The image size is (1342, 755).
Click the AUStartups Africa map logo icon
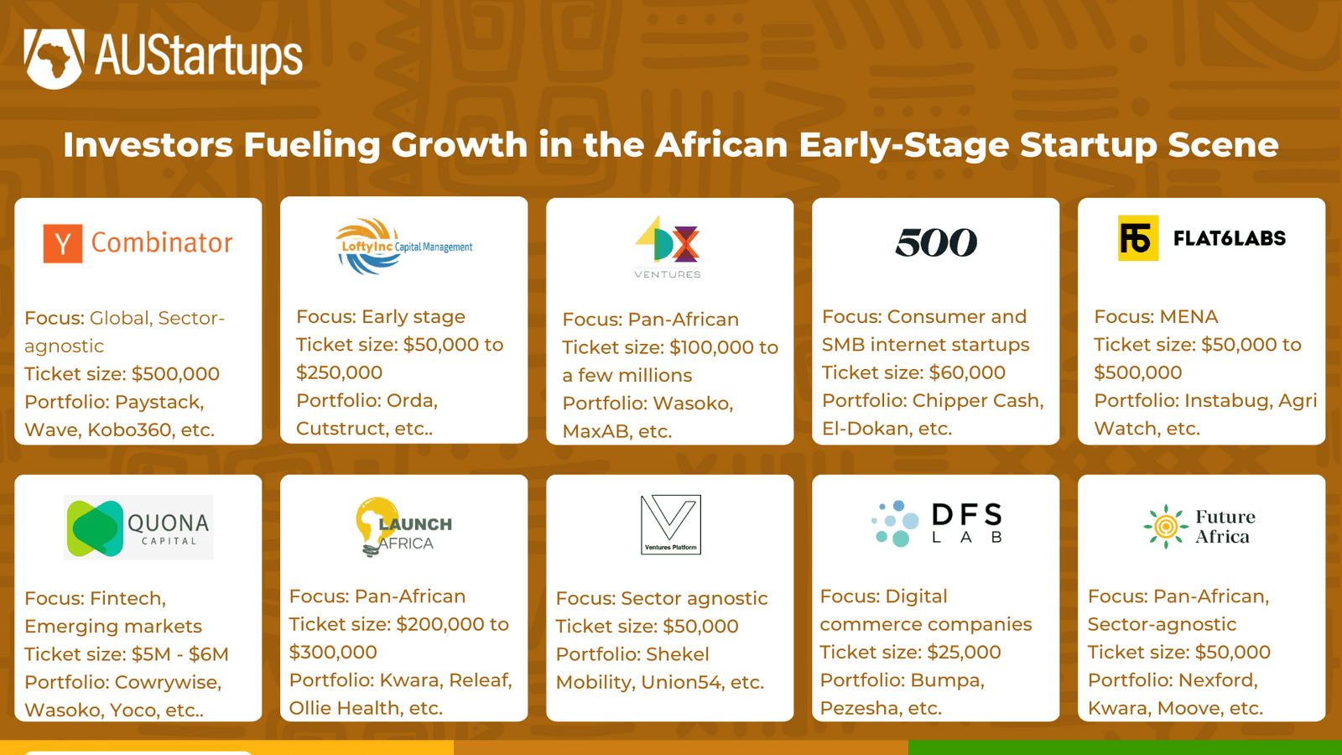[54, 58]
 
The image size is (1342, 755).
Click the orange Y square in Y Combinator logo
[63, 243]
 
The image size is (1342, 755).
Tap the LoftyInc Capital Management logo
[404, 247]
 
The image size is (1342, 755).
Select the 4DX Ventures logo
[668, 247]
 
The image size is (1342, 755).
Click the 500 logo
[935, 243]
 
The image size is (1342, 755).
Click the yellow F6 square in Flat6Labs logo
[1137, 238]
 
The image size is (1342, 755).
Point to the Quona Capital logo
[139, 528]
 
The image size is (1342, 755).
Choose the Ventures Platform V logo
[670, 524]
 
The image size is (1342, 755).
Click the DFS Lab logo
[936, 523]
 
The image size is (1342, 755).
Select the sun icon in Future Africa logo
[1165, 527]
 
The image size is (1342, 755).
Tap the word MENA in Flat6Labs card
[1189, 317]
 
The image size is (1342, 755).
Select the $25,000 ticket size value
[964, 653]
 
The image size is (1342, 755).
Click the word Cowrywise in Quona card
[168, 682]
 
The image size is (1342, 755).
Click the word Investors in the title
[148, 145]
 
